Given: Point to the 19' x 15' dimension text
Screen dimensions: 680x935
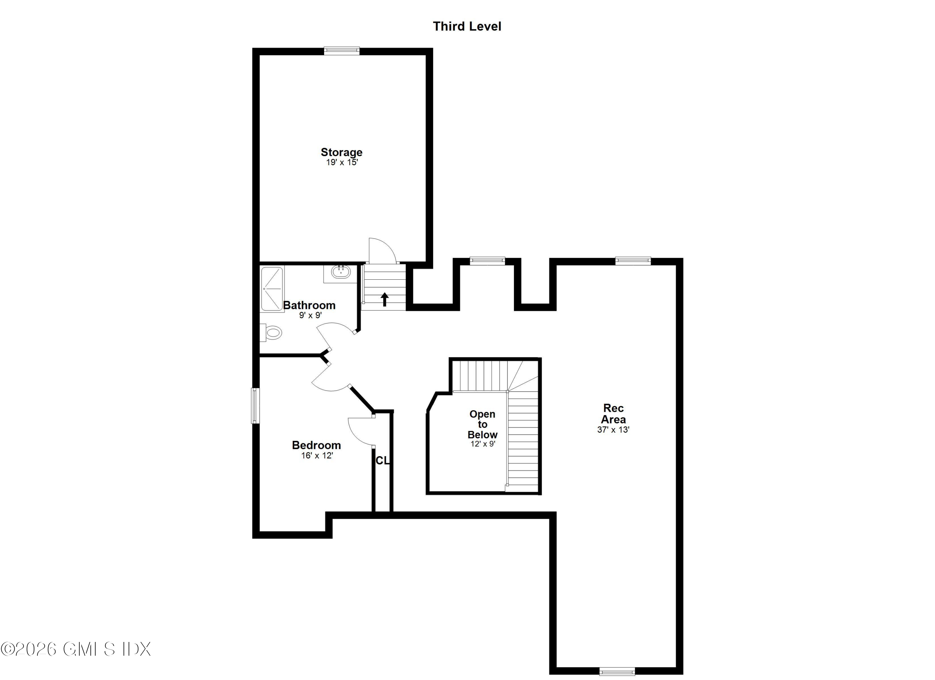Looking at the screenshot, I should pyautogui.click(x=342, y=162).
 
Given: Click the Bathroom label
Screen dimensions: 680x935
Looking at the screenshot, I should pyautogui.click(x=309, y=305).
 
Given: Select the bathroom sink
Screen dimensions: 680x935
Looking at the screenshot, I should pyautogui.click(x=341, y=272).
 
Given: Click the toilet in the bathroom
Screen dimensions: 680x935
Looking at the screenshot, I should pyautogui.click(x=272, y=332).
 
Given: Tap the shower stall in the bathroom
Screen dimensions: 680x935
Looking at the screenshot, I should pyautogui.click(x=272, y=289).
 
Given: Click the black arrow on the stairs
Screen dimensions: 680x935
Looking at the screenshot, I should pyautogui.click(x=384, y=299).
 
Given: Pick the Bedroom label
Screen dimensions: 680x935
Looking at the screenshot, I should pyautogui.click(x=316, y=445).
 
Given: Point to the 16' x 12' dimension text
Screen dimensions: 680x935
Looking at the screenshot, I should pyautogui.click(x=317, y=455).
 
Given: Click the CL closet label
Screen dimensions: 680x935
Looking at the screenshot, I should pyautogui.click(x=382, y=461).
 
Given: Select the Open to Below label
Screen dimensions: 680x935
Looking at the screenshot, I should pyautogui.click(x=482, y=424).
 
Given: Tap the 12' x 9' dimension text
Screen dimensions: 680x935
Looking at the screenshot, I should pyautogui.click(x=482, y=444).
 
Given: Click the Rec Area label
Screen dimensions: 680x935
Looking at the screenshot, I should pyautogui.click(x=613, y=414).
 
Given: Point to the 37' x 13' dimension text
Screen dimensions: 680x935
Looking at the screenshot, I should pyautogui.click(x=613, y=430).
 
